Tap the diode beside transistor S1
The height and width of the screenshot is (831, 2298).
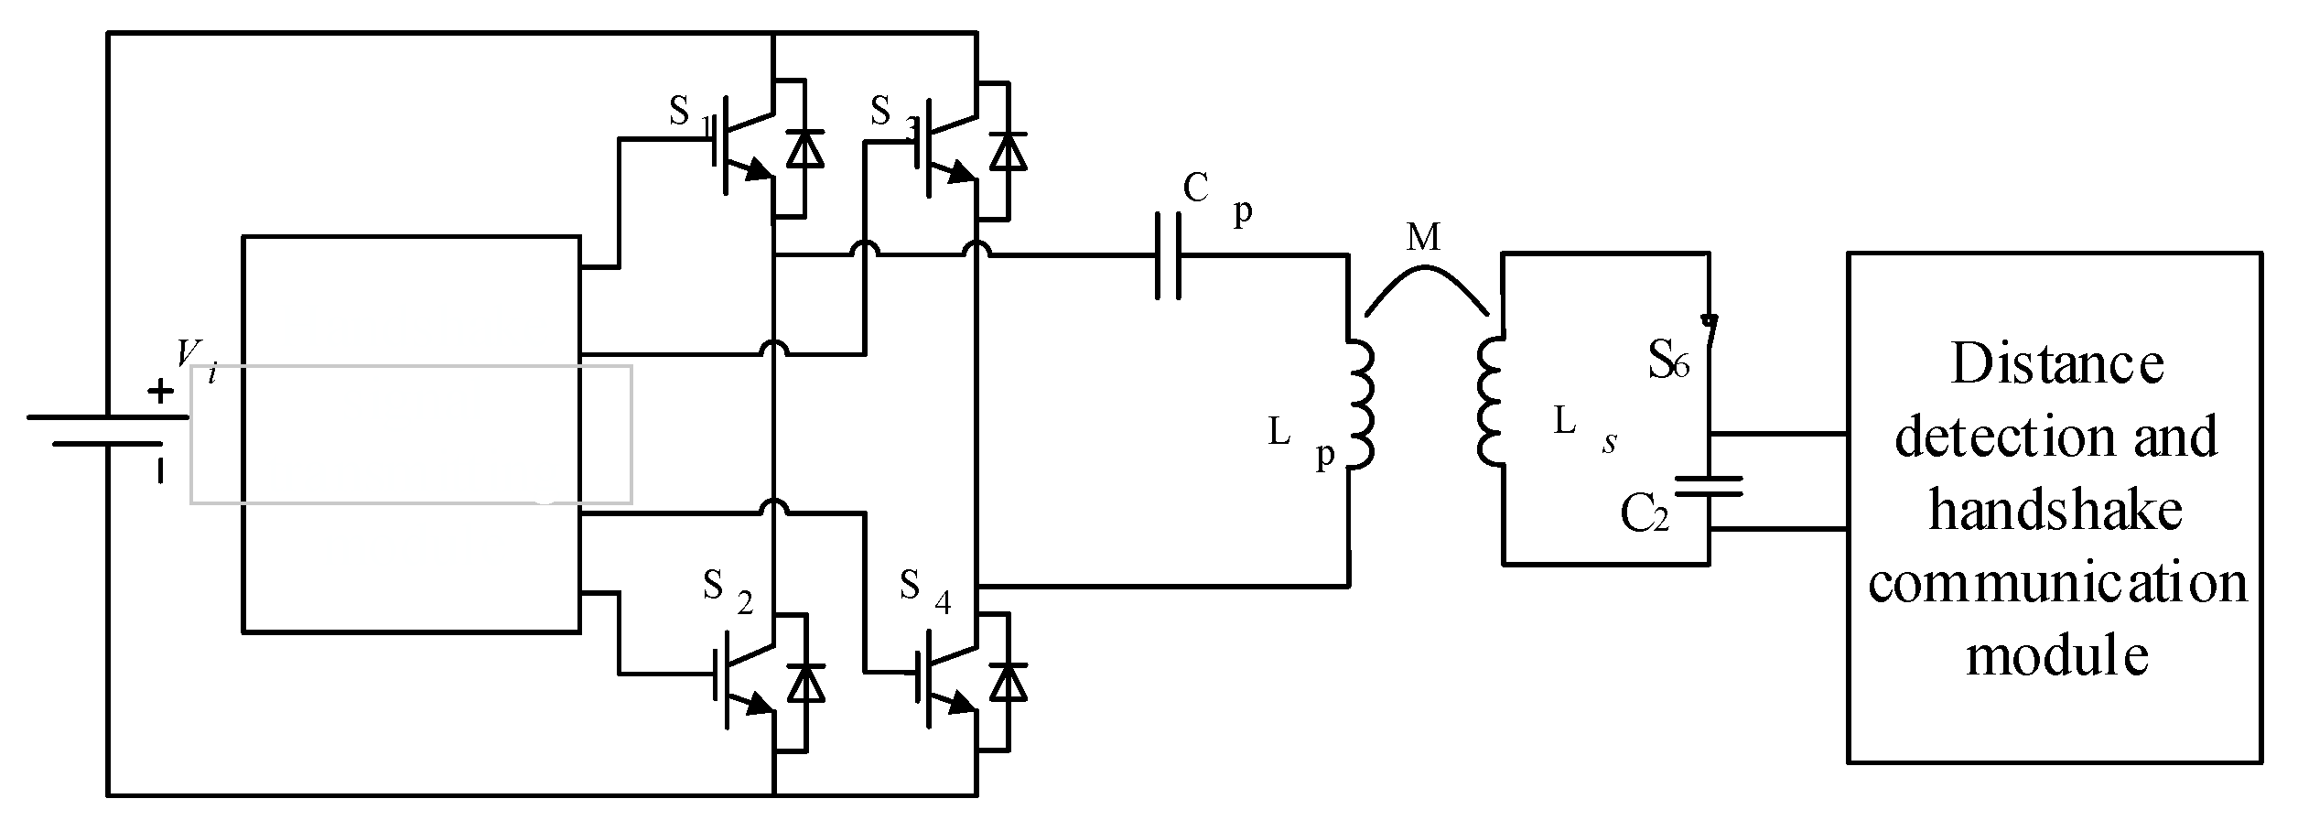[x=804, y=149]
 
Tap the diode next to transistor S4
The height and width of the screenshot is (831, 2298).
[x=1009, y=683]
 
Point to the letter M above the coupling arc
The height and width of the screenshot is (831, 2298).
[x=1422, y=238]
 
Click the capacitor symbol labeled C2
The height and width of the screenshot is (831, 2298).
[x=1708, y=486]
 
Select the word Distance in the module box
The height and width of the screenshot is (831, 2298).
[x=2057, y=363]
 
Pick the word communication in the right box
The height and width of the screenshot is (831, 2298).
[x=2057, y=583]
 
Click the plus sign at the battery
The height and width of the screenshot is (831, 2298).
[x=160, y=393]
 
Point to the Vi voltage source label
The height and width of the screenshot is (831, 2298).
[x=197, y=359]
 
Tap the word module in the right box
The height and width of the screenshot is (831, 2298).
[x=2057, y=656]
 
